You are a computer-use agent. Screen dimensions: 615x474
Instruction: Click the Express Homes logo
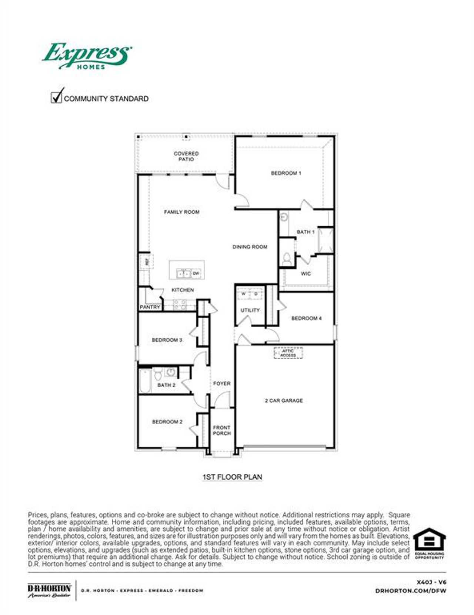coord(87,56)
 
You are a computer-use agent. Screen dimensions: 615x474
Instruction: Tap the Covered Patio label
coord(186,156)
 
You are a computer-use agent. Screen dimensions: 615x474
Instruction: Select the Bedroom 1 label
coord(286,173)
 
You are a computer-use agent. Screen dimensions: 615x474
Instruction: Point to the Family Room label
coord(181,212)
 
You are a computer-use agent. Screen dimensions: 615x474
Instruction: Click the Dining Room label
coord(250,247)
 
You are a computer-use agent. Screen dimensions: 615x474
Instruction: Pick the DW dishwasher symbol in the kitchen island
coord(196,273)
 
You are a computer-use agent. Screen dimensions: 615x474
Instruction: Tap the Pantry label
coord(150,307)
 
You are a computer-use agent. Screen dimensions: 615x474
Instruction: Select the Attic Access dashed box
coord(288,353)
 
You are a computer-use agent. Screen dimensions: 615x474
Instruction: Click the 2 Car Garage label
coord(284,401)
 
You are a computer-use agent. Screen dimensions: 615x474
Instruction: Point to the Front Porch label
coord(221,430)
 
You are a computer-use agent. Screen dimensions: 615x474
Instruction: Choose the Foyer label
coord(221,384)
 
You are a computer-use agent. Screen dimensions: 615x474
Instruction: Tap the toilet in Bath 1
coord(287,259)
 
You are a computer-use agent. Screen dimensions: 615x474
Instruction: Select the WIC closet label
coord(306,274)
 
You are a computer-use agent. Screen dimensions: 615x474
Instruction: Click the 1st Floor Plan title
coord(232,477)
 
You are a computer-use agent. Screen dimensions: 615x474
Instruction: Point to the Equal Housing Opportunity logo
coord(429,543)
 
